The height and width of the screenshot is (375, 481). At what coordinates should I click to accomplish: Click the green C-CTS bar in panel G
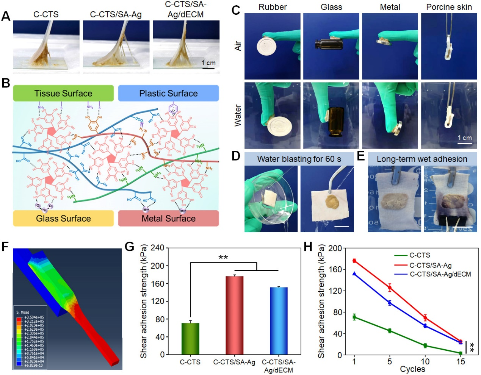tap(190, 339)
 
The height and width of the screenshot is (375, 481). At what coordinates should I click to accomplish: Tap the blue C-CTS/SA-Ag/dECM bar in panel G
tap(279, 320)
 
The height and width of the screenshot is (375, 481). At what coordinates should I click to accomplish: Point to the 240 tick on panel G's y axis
tap(157, 248)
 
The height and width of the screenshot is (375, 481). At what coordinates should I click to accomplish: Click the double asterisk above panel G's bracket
tap(223, 258)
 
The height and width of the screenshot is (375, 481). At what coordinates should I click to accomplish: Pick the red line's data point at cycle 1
tap(354, 261)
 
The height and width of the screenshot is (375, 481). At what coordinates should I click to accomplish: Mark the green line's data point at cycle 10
tap(425, 345)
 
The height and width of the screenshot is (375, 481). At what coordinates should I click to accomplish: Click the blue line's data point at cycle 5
tap(390, 303)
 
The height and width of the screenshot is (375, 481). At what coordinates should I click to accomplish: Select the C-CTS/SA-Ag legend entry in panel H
tap(431, 265)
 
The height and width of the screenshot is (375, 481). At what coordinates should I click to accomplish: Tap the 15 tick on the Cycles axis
tap(461, 362)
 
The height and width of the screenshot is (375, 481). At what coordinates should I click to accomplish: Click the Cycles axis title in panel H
tap(412, 369)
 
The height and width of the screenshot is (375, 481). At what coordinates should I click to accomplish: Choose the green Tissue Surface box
tap(63, 93)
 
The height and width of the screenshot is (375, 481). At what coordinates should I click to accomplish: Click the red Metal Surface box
tap(168, 219)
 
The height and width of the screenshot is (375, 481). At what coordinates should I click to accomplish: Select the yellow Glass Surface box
tap(63, 219)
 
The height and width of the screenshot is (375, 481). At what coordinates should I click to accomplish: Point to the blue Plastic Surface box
tap(168, 93)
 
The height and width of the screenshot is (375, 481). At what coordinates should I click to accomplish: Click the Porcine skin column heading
tap(449, 7)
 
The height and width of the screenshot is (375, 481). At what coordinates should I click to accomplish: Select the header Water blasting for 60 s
tap(299, 159)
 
